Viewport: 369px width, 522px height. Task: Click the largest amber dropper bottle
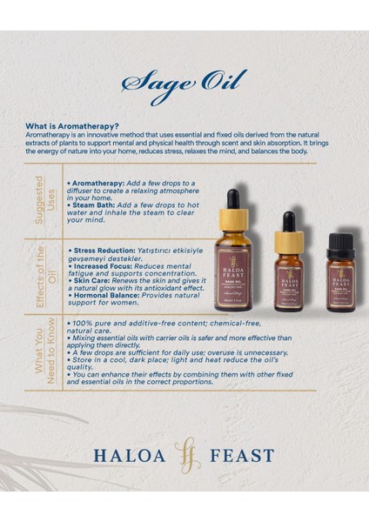pyautogui.click(x=238, y=261)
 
